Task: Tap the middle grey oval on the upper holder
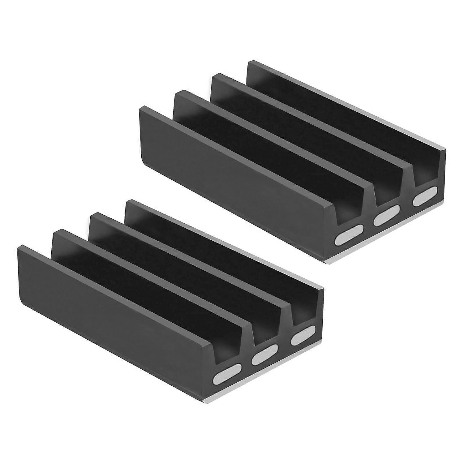click(x=387, y=218)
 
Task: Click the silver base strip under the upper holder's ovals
click(x=387, y=235)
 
